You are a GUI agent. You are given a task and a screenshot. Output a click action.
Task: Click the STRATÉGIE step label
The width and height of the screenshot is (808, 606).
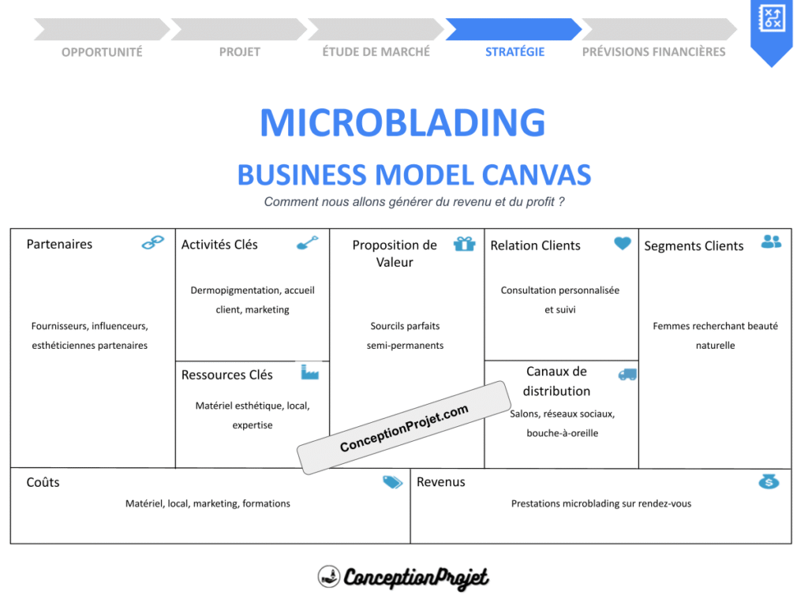pos(514,52)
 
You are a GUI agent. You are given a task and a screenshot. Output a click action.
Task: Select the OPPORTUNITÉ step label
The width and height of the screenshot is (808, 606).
pos(102,52)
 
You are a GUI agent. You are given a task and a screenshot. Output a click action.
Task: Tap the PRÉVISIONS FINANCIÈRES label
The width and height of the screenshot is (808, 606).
pos(653,52)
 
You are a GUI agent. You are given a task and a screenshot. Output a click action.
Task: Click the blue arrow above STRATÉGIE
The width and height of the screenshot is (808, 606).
pos(513,29)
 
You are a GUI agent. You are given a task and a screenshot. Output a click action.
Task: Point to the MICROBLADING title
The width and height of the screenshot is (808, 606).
pos(402,123)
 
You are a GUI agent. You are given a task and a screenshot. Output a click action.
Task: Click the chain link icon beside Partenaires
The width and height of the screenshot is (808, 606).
pos(152,243)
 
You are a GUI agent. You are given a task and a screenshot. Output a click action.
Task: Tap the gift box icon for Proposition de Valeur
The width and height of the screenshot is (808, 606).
pos(465,244)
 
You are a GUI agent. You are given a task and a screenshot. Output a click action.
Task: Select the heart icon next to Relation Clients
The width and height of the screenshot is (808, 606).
pos(623,244)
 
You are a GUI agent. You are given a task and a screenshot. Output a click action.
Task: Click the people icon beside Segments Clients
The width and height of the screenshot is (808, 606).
pos(771,242)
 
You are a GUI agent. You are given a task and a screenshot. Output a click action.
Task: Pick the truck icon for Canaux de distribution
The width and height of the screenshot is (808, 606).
pos(627,375)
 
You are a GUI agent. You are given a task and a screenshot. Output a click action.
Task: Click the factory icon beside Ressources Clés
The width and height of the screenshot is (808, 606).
pos(309,372)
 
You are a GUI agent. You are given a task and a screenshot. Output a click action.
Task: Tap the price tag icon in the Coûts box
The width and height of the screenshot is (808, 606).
pos(392,482)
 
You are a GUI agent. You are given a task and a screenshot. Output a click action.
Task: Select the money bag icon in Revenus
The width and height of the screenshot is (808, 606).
pos(769,481)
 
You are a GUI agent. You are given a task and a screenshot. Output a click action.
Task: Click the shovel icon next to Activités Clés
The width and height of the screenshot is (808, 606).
pos(308,243)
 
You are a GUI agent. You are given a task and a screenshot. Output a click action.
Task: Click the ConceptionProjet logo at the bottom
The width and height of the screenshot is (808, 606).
pos(403,578)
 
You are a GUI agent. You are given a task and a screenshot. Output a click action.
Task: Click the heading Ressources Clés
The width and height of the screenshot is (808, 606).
pos(226,375)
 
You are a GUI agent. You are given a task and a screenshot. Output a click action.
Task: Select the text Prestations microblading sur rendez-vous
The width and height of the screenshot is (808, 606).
pos(600,503)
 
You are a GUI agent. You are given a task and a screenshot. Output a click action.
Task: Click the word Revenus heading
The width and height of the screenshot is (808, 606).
pos(440,482)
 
